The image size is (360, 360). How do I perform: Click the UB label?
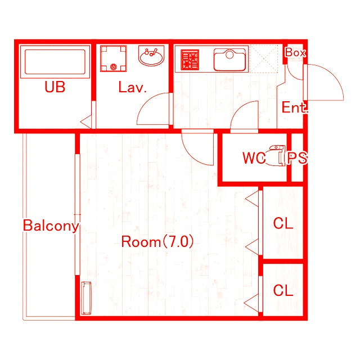(x=55, y=87)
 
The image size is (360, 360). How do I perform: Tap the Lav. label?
(x=133, y=88)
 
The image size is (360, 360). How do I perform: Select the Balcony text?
(x=51, y=226)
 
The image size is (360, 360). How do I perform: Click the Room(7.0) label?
(x=157, y=241)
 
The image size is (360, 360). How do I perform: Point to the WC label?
(x=254, y=158)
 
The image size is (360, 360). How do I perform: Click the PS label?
(x=298, y=158)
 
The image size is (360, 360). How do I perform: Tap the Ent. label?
(x=294, y=107)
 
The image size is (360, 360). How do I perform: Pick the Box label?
(x=295, y=52)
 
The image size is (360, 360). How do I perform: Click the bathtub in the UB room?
(x=55, y=62)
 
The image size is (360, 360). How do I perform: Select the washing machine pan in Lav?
(x=114, y=58)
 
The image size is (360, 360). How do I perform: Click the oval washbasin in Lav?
(x=151, y=56)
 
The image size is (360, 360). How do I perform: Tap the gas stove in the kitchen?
(x=190, y=60)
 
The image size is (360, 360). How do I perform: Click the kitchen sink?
(x=229, y=60)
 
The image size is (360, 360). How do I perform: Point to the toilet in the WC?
(x=276, y=155)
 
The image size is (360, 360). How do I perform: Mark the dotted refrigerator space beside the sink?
(x=264, y=58)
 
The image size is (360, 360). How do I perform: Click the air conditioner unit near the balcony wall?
(x=86, y=298)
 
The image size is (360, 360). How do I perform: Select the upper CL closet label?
(x=283, y=223)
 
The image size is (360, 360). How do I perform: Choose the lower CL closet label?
(x=283, y=290)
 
